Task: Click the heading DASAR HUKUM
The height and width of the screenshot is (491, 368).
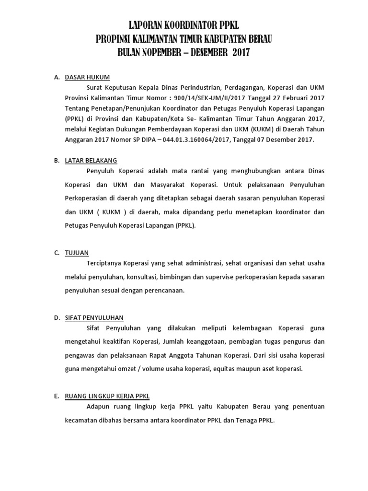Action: tap(87, 77)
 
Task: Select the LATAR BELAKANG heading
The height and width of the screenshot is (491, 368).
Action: tap(91, 160)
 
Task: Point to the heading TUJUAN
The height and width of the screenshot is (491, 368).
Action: tap(77, 253)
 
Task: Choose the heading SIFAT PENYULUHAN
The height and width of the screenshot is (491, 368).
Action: tap(94, 317)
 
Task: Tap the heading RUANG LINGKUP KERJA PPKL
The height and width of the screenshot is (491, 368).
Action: tap(107, 396)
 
